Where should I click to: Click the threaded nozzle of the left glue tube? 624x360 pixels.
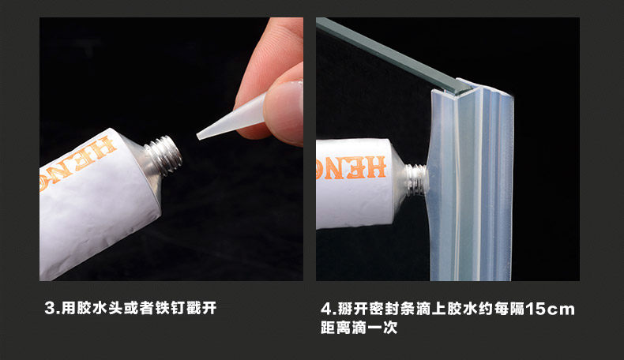[164, 156]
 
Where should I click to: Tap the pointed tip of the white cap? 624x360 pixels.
[198, 137]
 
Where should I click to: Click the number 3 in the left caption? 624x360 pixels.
[50, 308]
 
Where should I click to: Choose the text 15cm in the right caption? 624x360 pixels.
[550, 309]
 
